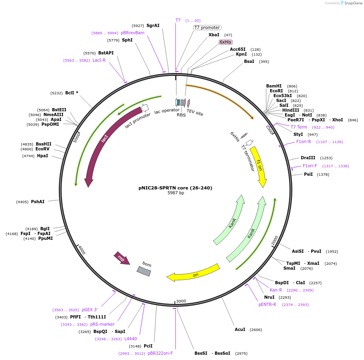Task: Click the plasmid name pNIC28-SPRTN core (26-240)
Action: pyautogui.click(x=175, y=188)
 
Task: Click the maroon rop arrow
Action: pyautogui.click(x=122, y=258)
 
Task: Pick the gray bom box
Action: pyautogui.click(x=144, y=271)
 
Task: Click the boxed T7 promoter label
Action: pyautogui.click(x=207, y=28)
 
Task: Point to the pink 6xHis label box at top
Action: pyautogui.click(x=225, y=42)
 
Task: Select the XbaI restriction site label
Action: pyautogui.click(x=214, y=35)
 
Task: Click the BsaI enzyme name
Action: pyautogui.click(x=249, y=61)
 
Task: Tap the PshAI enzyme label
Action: pyautogui.click(x=37, y=202)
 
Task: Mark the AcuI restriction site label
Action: pyautogui.click(x=240, y=329)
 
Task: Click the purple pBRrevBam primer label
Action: pyautogui.click(x=132, y=33)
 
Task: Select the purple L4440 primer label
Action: pyautogui.click(x=130, y=339)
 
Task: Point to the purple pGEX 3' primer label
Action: pyautogui.click(x=90, y=310)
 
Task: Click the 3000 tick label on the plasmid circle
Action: pyautogui.click(x=181, y=301)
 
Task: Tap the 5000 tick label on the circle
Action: pyautogui.click(x=77, y=137)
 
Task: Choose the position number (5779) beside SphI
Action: pyautogui.click(x=113, y=40)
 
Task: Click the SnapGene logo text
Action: pyautogui.click(x=353, y=3)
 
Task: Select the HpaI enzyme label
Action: pyautogui.click(x=43, y=156)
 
